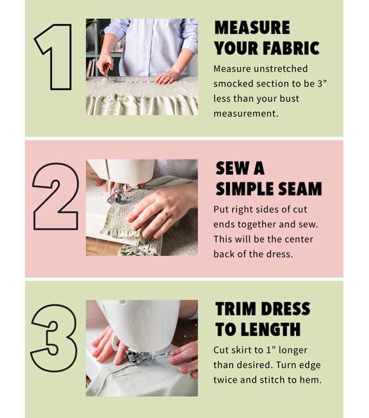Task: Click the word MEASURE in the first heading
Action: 252,28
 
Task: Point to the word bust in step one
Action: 289,99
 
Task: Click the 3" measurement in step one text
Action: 322,84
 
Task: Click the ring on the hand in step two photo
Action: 167,214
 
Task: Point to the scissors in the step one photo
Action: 107,70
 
